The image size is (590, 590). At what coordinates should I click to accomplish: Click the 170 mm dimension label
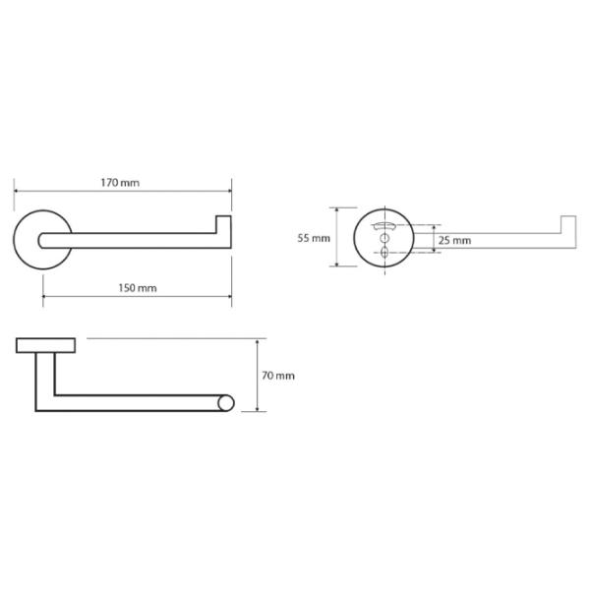coord(120,183)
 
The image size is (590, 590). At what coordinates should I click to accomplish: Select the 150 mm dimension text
coord(138,288)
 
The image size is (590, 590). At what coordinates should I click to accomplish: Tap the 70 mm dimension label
coord(278,376)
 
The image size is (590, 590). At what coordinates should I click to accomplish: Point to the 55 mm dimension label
coord(314,238)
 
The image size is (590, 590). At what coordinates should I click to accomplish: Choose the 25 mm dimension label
coord(454,241)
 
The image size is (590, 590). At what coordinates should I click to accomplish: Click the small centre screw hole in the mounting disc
coord(384,238)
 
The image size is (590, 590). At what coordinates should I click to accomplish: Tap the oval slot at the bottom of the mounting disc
coord(384,252)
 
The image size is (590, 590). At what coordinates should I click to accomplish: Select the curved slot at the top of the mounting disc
coord(384,226)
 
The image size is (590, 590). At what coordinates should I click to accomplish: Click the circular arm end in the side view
coord(226,403)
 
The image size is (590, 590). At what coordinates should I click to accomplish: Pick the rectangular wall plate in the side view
coord(46,345)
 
